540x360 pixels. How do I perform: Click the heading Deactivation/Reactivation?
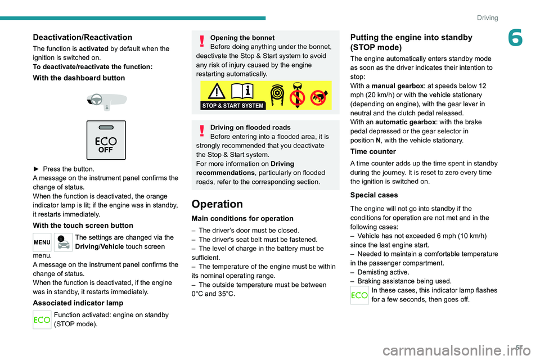tap(82, 37)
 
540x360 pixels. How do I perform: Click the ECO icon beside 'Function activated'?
tap(42, 319)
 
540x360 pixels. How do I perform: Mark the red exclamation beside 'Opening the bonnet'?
tap(202, 42)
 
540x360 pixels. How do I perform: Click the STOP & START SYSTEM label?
tap(233, 105)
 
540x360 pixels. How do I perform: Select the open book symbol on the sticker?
tap(243, 91)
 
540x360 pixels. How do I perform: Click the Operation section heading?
tap(217, 204)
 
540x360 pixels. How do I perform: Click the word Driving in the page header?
tap(487, 17)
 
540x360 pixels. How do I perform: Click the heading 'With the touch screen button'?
tap(83, 226)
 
